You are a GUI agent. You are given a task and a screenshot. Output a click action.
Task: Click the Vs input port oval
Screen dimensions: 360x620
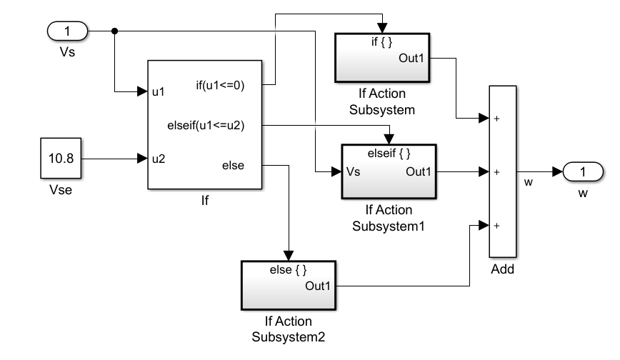68,31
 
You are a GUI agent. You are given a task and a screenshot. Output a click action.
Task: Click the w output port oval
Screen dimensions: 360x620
582,172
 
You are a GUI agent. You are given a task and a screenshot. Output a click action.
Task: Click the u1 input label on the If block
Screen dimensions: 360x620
159,92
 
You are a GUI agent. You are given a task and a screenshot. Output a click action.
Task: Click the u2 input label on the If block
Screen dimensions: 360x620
159,159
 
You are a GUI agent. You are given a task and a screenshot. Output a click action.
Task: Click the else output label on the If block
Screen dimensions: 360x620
233,166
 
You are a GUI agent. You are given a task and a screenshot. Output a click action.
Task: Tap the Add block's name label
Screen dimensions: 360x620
503,269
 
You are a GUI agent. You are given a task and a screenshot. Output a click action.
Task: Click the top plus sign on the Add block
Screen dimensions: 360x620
496,119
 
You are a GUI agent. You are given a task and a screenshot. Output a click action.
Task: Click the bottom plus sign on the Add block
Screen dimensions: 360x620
496,226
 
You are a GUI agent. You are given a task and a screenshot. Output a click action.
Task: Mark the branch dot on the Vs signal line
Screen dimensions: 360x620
115,31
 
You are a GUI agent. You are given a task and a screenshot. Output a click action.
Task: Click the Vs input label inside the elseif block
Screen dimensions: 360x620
353,172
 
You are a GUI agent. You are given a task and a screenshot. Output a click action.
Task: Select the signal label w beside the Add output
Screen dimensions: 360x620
529,182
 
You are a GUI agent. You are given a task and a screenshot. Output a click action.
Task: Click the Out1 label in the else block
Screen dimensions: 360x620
318,286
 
